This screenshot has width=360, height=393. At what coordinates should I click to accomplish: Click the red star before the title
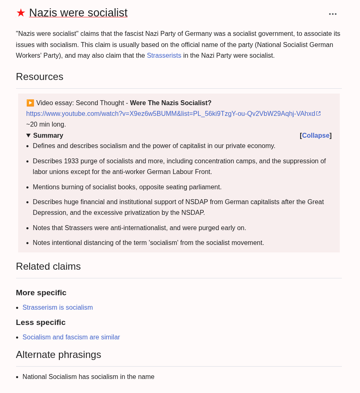21,13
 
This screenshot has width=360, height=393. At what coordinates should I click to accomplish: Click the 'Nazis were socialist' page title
78,13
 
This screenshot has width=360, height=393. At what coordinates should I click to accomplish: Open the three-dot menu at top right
332,14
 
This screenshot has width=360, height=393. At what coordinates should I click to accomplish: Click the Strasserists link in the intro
164,55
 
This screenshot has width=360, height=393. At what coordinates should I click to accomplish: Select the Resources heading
40,77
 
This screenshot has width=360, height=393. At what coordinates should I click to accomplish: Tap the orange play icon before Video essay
30,103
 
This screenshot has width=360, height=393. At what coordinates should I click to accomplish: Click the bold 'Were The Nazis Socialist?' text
170,103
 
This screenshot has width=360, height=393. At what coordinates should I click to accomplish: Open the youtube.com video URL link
170,113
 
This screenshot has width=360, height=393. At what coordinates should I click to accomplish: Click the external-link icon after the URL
318,113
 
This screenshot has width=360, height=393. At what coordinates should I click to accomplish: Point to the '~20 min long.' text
46,124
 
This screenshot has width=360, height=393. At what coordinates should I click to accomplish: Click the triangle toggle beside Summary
28,135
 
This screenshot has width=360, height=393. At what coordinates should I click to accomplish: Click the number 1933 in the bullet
71,161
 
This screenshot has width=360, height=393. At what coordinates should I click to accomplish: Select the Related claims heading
48,266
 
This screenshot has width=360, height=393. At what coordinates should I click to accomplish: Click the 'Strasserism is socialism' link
58,307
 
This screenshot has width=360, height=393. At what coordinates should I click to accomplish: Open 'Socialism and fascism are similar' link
71,337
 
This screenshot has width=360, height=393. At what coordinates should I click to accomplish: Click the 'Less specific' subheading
40,322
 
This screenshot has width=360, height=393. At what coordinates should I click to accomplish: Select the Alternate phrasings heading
58,355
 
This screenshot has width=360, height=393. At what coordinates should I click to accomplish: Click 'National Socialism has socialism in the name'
88,377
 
